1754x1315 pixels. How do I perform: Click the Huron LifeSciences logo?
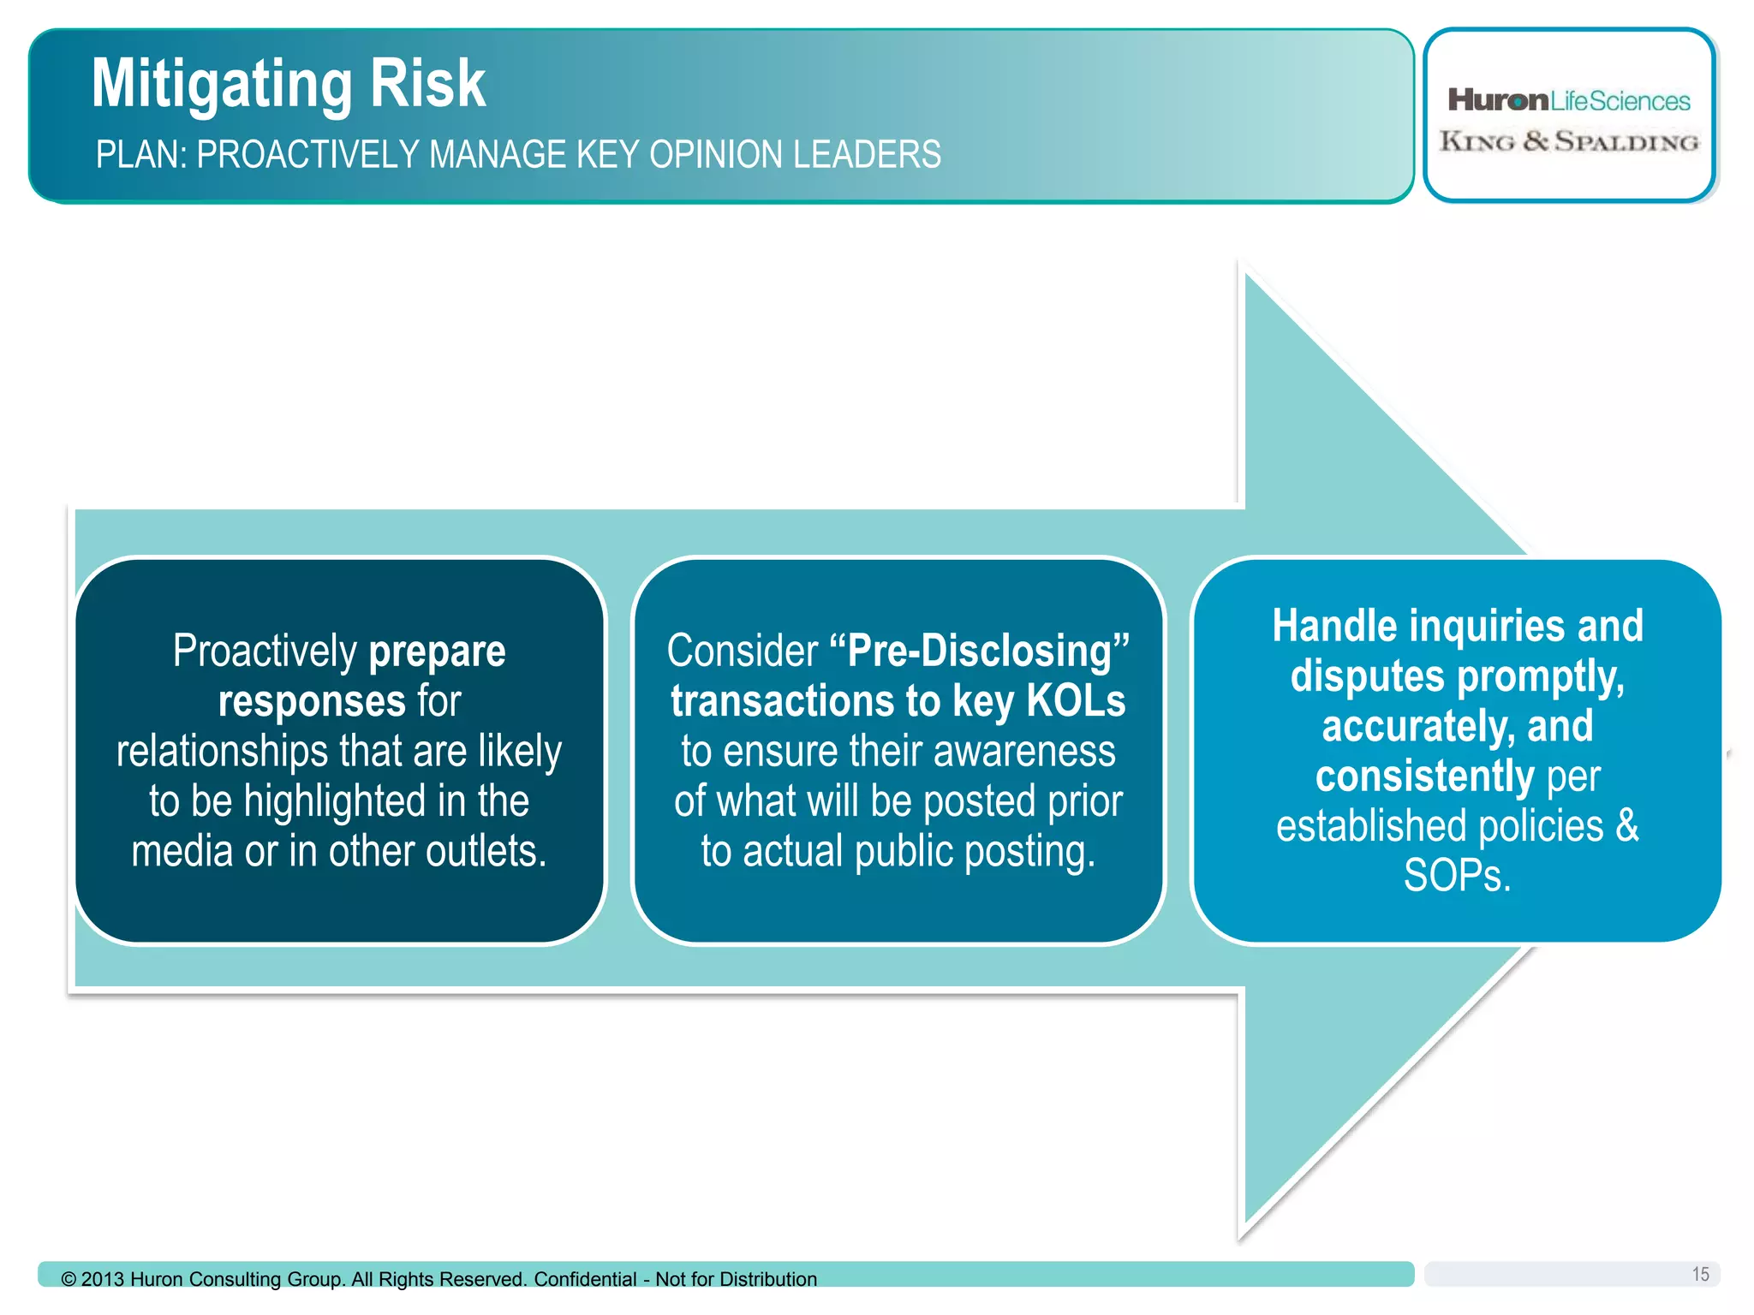(1568, 101)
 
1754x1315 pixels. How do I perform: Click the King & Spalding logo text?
(1568, 141)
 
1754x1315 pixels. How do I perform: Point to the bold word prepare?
(437, 652)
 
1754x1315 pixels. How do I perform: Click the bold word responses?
(312, 702)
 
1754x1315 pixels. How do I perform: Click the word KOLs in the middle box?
(1076, 701)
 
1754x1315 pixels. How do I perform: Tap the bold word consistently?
(1424, 777)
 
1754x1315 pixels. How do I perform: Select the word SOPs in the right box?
(1456, 877)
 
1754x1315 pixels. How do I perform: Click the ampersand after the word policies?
(1626, 826)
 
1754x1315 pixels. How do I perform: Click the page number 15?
(1700, 1274)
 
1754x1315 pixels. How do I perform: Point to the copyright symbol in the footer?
(69, 1279)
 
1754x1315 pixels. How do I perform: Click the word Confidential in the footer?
(585, 1279)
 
